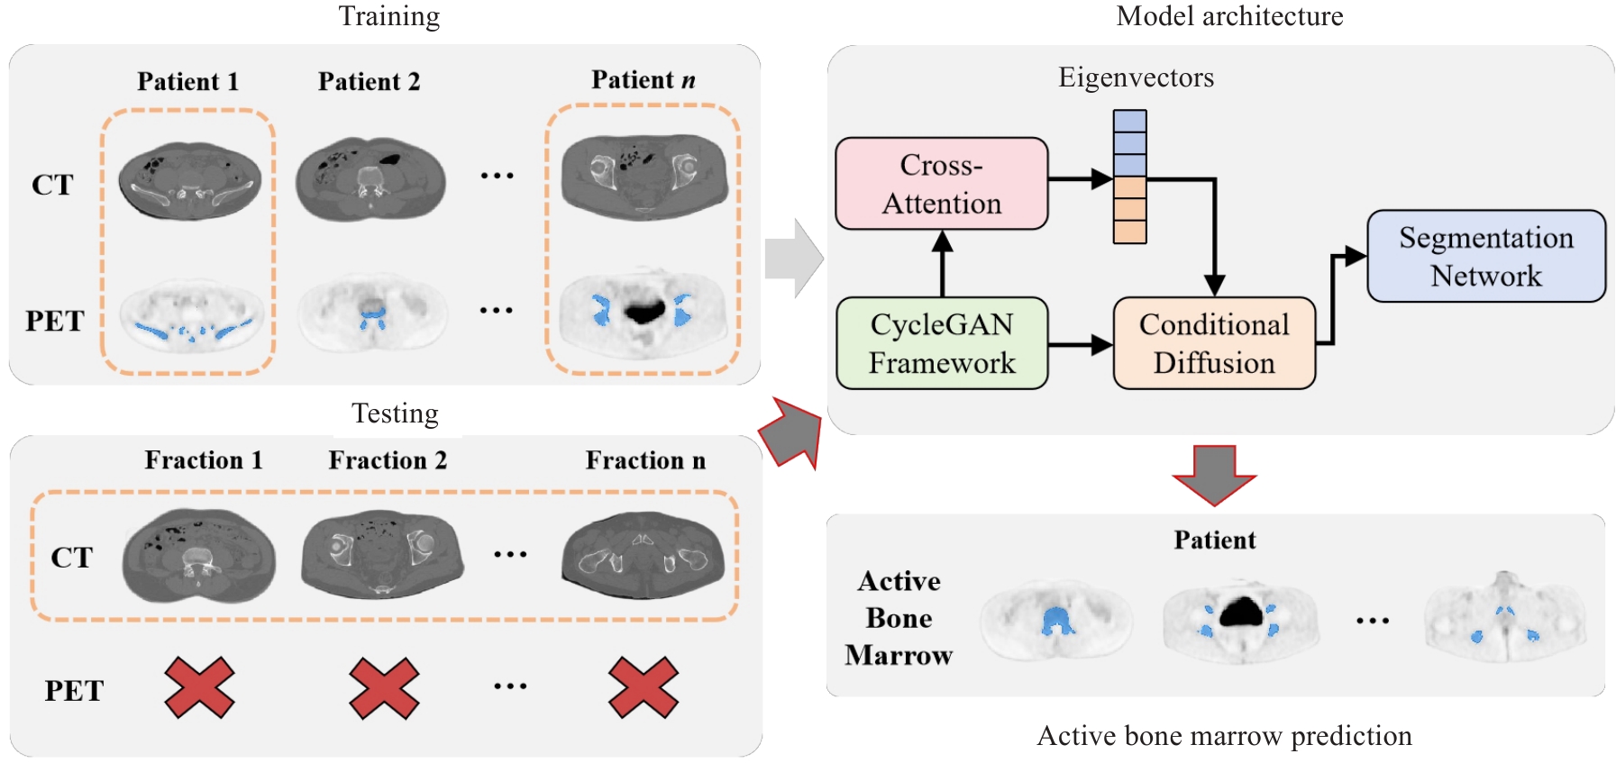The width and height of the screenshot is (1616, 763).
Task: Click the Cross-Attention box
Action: (x=941, y=184)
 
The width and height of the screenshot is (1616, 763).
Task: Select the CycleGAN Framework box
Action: (x=941, y=343)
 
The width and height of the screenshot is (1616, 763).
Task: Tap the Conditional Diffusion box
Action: (x=1213, y=343)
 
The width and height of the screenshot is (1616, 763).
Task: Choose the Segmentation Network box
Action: (x=1485, y=256)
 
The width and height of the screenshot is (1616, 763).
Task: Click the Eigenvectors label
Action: (x=1136, y=77)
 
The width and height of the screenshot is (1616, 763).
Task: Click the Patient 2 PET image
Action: (x=371, y=312)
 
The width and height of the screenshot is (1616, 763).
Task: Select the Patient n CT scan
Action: (x=644, y=176)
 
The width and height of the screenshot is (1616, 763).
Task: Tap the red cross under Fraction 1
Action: (x=199, y=688)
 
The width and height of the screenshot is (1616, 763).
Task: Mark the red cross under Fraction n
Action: (x=643, y=688)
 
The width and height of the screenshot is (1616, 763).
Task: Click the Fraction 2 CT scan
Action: (x=382, y=554)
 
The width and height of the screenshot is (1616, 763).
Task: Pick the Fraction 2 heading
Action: (x=388, y=460)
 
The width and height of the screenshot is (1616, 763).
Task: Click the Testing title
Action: (x=395, y=413)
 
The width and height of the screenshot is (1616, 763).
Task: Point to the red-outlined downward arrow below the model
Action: (x=1214, y=474)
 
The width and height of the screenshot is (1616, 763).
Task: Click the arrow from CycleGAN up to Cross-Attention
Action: (x=942, y=263)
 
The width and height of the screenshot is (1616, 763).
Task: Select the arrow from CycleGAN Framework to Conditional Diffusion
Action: (x=1080, y=344)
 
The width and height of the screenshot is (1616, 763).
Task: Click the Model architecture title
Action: (x=1229, y=16)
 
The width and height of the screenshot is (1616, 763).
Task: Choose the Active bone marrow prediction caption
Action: (x=1224, y=736)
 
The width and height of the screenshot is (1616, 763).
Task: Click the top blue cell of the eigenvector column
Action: (x=1129, y=121)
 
